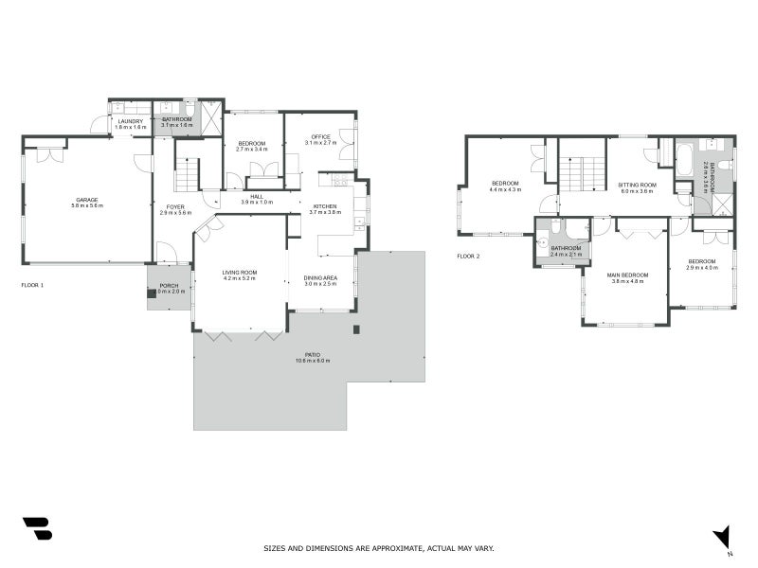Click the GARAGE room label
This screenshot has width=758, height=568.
click(87, 200)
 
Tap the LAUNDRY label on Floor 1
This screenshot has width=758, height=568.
click(130, 121)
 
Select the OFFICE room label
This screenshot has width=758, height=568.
click(320, 137)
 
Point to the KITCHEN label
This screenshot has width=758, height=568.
click(324, 206)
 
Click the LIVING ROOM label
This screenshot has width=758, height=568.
click(240, 273)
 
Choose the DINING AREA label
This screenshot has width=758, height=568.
click(320, 277)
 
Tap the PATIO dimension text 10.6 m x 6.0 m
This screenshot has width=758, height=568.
click(312, 361)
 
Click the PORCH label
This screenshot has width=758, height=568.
click(169, 286)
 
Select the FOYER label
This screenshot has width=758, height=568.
click(176, 206)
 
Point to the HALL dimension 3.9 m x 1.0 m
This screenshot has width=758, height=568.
click(256, 203)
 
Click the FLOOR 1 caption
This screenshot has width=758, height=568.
click(32, 284)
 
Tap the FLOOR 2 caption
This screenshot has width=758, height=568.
click(468, 257)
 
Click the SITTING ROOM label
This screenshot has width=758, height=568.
click(637, 185)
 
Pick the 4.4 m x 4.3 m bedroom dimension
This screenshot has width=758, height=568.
click(505, 190)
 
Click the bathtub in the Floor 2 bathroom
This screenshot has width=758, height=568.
click(683, 158)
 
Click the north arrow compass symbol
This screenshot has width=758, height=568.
click(722, 536)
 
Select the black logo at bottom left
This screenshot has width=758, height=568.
click(37, 528)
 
